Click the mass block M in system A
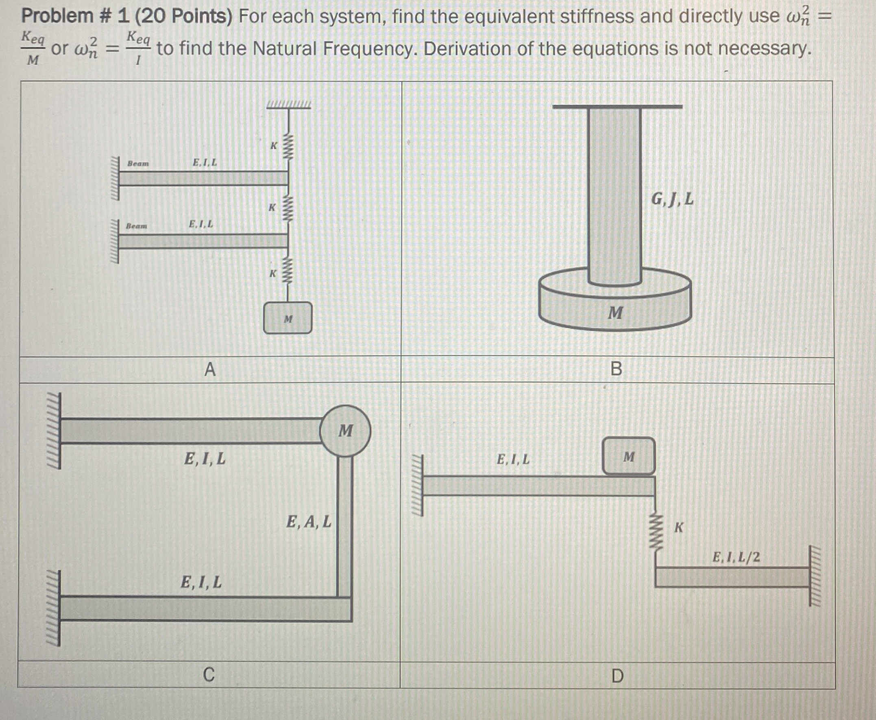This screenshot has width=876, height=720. click(x=288, y=318)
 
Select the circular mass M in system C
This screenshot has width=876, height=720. click(x=345, y=431)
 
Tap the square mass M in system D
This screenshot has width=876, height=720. click(x=629, y=456)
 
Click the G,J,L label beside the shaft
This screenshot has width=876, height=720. click(x=672, y=200)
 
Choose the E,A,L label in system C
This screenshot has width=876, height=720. click(x=309, y=521)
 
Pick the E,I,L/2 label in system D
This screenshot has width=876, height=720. click(x=736, y=557)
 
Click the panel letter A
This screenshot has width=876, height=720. click(x=210, y=369)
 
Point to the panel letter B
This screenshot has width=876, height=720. click(x=616, y=369)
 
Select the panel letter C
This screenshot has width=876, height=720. click(x=209, y=675)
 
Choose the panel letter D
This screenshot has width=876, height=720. click(x=617, y=676)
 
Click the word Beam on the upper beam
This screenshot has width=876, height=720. click(x=138, y=164)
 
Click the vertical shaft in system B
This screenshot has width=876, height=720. click(x=615, y=195)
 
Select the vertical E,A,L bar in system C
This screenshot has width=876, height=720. click(x=344, y=527)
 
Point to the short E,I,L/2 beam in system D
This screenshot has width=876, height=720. click(x=731, y=577)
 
